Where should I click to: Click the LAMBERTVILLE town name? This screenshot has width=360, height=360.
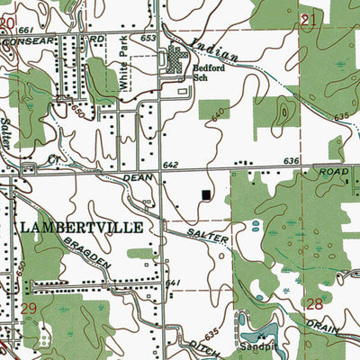(x=79, y=227)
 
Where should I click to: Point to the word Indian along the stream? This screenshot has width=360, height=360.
(x=217, y=53)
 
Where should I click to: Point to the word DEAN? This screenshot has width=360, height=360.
(x=137, y=180)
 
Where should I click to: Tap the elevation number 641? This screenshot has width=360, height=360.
(x=174, y=283)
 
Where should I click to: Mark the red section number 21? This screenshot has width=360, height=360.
(x=311, y=19)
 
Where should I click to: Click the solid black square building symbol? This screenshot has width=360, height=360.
(x=208, y=194)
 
